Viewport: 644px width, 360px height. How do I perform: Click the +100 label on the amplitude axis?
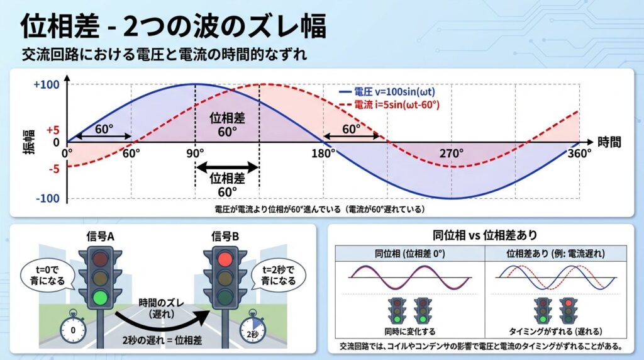point(47,85)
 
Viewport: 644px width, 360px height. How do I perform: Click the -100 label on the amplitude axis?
point(48,198)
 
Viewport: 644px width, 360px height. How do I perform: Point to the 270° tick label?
point(452,154)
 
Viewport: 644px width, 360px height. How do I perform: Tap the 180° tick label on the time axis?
point(323,154)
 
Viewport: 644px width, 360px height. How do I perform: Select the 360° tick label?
point(579,154)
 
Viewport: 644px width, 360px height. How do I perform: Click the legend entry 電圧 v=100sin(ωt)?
point(387,92)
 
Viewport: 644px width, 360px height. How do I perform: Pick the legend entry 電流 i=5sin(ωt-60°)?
point(389,105)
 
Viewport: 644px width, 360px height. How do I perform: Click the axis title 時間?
point(609,142)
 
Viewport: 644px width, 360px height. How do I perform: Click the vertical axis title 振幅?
point(29,142)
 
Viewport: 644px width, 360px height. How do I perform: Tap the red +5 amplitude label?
point(53,130)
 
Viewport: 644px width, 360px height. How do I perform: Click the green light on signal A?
point(100,296)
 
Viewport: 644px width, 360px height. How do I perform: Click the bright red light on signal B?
point(225,259)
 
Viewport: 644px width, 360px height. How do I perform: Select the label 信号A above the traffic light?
point(100,236)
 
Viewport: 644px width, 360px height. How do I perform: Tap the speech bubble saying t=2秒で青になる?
point(279,275)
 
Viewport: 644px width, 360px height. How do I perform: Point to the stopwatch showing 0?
point(73,329)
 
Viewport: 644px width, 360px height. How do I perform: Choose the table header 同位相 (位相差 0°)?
point(410,254)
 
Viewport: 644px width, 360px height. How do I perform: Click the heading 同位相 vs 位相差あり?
point(485,235)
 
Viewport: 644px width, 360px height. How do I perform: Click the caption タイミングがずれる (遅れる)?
point(556,331)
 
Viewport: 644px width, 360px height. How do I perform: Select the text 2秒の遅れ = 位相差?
point(162,340)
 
